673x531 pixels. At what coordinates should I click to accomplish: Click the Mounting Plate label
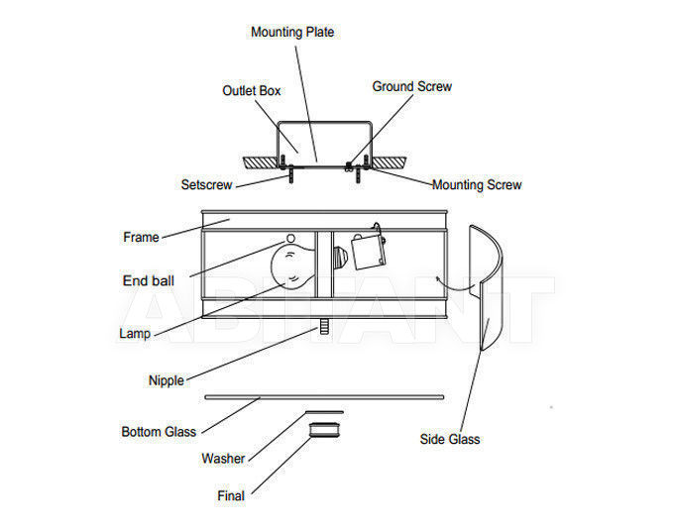[x=292, y=32]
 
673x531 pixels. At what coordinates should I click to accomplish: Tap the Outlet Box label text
[x=252, y=90]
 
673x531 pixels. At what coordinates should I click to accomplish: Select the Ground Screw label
[x=412, y=86]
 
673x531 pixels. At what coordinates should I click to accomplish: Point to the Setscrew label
[x=206, y=184]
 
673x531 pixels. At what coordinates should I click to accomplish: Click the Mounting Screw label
[x=477, y=184]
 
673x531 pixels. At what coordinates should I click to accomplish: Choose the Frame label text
[x=141, y=237]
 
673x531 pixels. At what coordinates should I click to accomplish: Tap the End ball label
[x=149, y=280]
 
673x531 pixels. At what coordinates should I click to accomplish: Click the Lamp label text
[x=135, y=333]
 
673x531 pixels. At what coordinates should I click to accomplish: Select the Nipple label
[x=167, y=380]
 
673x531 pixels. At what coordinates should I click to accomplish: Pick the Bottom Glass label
[x=159, y=432]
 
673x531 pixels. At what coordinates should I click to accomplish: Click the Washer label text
[x=223, y=458]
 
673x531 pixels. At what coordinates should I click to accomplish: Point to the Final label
[x=231, y=495]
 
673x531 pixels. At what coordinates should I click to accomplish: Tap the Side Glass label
[x=450, y=439]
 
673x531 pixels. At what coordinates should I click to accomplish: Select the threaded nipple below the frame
[x=324, y=326]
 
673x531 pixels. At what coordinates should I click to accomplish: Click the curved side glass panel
[x=494, y=258]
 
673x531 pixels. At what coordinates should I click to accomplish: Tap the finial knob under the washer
[x=324, y=430]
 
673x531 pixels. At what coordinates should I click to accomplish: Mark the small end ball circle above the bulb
[x=290, y=238]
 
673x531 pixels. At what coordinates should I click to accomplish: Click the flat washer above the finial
[x=324, y=412]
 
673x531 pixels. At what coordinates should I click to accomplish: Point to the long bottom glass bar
[x=324, y=397]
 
